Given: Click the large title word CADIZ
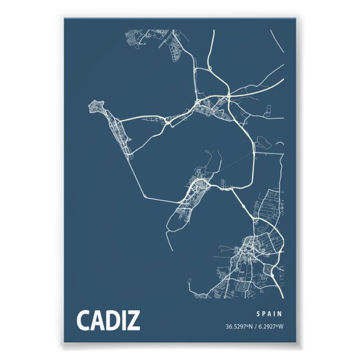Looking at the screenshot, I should coord(108,320).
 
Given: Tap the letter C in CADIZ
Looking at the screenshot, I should coord(83,320).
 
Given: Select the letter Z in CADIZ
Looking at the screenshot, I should coord(134,320).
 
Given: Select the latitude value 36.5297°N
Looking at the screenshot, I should coord(240,326).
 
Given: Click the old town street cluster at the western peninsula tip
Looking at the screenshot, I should coord(98,106).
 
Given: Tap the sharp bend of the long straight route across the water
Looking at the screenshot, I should coord(144,195).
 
